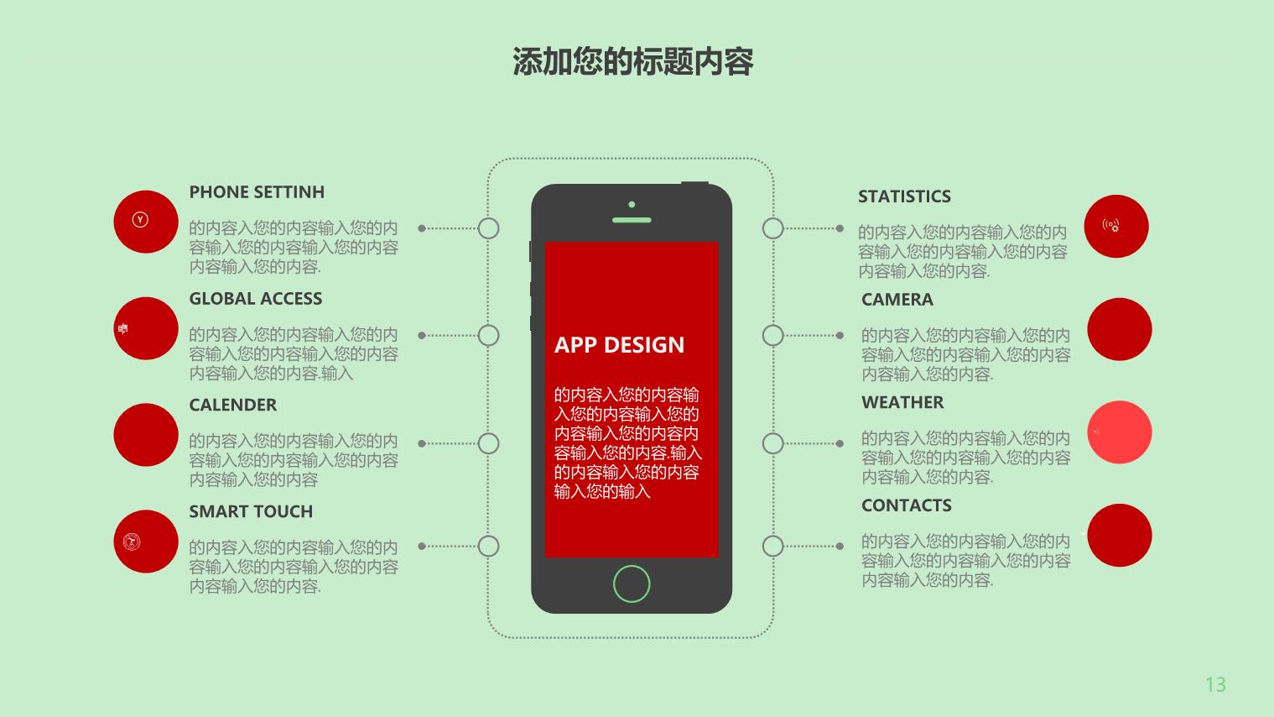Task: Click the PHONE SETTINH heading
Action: coord(257,192)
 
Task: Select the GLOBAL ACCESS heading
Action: coord(255,298)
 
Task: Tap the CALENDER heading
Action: coord(232,405)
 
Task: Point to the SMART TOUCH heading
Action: coord(251,511)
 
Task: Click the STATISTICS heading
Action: coord(904,196)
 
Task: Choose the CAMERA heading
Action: coord(897,300)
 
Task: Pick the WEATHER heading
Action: coord(902,403)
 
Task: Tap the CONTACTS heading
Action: coord(906,505)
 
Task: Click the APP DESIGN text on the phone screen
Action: coord(619,345)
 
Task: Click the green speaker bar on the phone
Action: coord(632,220)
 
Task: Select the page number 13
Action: coord(1215,684)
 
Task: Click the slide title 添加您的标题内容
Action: coord(633,61)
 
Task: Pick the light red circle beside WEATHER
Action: coord(1120,432)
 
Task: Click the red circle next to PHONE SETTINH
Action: coord(146,222)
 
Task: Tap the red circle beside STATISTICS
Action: coord(1115,226)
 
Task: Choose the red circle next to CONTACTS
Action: coord(1120,536)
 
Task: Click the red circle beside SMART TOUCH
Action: coord(146,541)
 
